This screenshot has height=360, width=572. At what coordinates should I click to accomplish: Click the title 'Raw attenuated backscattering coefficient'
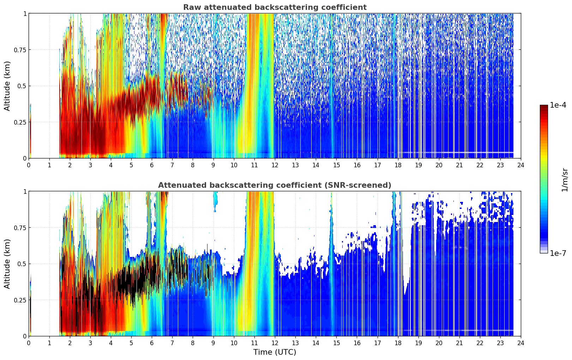tap(275, 7)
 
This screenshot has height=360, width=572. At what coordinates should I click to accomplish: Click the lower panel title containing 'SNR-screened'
tap(275, 185)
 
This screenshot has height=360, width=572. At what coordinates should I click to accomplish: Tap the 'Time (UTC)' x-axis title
tap(275, 352)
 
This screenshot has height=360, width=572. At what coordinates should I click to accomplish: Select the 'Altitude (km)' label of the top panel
tap(7, 86)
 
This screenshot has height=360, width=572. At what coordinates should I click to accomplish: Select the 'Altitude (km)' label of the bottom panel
tap(7, 264)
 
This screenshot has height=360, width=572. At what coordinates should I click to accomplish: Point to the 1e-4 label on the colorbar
tap(558, 105)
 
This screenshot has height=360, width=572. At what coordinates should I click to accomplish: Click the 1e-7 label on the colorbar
tap(558, 253)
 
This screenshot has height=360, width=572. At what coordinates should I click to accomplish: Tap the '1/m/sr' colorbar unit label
tap(565, 180)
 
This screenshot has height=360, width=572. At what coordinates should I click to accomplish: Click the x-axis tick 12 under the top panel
tap(275, 165)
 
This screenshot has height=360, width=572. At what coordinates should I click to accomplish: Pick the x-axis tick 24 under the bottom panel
tap(521, 343)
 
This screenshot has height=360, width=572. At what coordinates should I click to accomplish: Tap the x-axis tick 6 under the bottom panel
tap(152, 343)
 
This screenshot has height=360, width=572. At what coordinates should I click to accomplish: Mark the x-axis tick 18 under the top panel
tap(398, 165)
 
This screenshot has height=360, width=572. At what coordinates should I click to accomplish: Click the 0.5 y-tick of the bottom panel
tap(22, 264)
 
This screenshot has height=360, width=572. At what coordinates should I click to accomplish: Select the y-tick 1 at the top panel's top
tap(25, 13)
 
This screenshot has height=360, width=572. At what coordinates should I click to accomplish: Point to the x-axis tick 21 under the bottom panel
tap(459, 343)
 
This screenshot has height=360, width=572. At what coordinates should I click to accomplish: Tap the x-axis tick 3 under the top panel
tap(90, 165)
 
